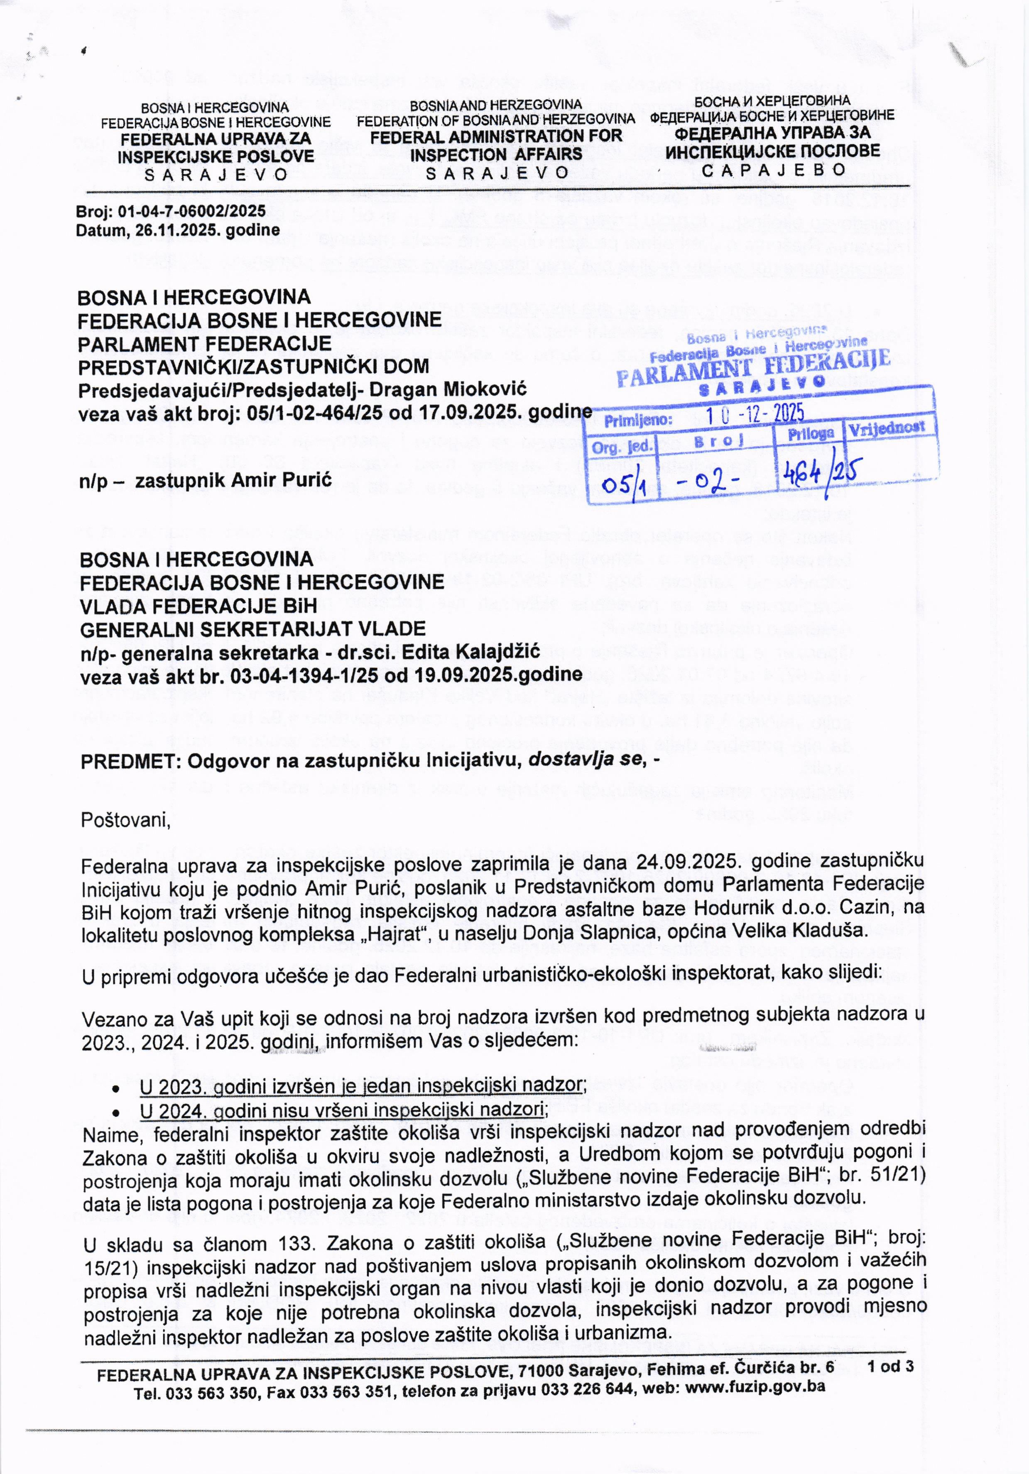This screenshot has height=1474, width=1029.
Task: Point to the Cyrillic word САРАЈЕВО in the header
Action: point(773,169)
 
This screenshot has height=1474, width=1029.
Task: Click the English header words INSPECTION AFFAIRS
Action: point(496,155)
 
